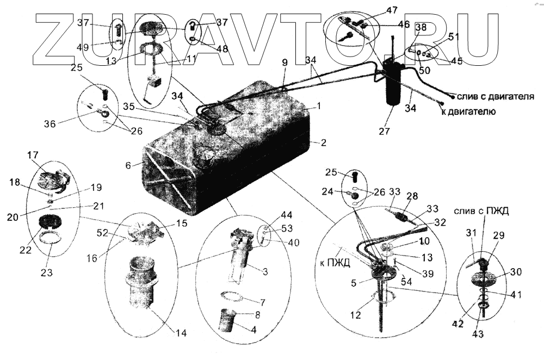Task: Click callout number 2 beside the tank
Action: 323,144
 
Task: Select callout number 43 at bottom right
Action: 479,333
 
